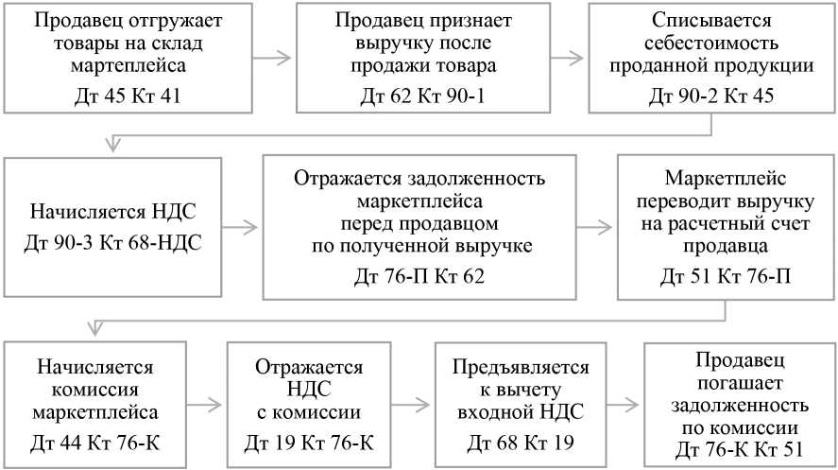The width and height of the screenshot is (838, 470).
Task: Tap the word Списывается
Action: coord(711,21)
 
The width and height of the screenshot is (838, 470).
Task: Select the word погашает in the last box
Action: coord(733,381)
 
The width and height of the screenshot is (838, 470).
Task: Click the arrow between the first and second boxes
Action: coord(272,57)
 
